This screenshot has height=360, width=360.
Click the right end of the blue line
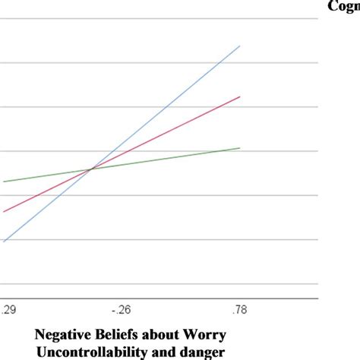click(x=240, y=46)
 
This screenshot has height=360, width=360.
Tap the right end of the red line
click(x=240, y=96)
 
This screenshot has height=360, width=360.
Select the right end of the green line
click(x=240, y=147)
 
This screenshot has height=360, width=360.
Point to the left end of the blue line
click(x=4, y=242)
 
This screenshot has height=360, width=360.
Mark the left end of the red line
click(x=4, y=211)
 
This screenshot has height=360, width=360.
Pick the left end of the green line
click(x=4, y=182)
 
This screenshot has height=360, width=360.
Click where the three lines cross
click(x=91, y=169)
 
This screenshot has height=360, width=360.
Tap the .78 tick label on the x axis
click(x=239, y=309)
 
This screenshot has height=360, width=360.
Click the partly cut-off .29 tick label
click(x=8, y=309)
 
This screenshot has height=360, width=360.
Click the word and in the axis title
click(x=163, y=351)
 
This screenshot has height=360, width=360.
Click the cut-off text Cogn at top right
click(x=343, y=6)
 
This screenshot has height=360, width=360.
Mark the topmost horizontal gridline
click(x=152, y=18)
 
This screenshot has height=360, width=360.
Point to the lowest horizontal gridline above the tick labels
click(x=152, y=284)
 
